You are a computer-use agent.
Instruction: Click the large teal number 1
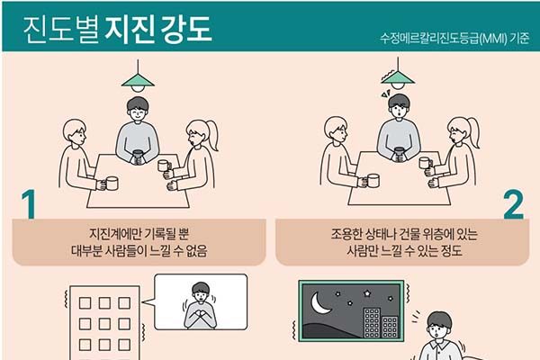pos(29,204)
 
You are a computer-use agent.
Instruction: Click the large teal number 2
pos(514,204)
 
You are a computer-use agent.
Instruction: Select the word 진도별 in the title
pos(61,29)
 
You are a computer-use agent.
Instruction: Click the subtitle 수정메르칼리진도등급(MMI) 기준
pos(454,38)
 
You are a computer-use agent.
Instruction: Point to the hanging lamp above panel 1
pos(138,76)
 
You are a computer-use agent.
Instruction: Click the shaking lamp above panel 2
pos(398,74)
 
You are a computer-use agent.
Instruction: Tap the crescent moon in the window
pos(320,303)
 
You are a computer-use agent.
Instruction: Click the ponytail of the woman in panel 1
pos(211,134)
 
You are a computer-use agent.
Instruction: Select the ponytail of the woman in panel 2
pos(473,132)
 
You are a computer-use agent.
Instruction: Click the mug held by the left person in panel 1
pos(112,184)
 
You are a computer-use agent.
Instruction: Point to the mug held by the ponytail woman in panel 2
pos(426,163)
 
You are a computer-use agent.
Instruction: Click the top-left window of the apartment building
pos(85,303)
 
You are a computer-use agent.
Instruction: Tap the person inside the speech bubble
pos(200,306)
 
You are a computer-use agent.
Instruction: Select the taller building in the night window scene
pos(373,322)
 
